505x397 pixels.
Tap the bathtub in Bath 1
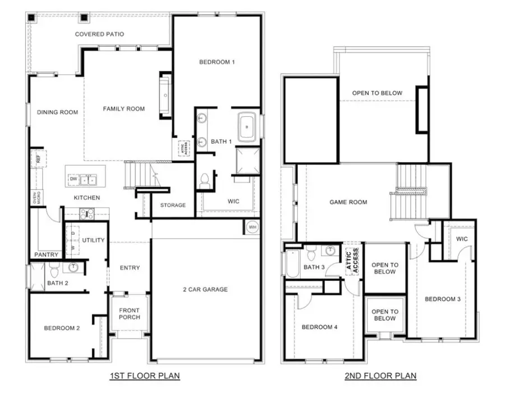(x=247, y=127)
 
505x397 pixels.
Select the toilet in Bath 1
(x=205, y=181)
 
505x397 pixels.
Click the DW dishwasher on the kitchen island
(x=74, y=179)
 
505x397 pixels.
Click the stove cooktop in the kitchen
(x=86, y=213)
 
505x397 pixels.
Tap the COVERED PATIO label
(x=99, y=34)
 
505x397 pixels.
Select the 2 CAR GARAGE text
(x=205, y=289)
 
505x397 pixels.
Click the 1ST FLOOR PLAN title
(x=145, y=375)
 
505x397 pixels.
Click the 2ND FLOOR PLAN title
(x=380, y=375)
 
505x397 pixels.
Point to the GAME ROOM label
(x=348, y=202)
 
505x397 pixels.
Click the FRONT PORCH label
(x=129, y=314)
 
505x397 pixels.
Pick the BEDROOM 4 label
(x=319, y=327)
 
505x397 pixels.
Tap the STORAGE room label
(x=173, y=205)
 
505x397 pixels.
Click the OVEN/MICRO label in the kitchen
(x=34, y=198)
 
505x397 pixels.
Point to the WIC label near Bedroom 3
(x=461, y=239)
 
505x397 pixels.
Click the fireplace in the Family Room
(x=166, y=95)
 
